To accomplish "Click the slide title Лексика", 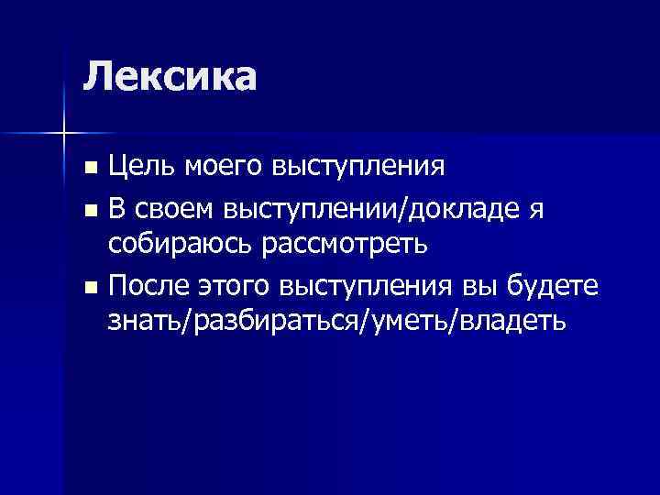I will (170, 76).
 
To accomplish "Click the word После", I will (147, 287).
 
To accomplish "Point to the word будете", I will (554, 286).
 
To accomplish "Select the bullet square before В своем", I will (89, 210).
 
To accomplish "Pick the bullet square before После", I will (89, 287).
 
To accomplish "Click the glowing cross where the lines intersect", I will (64, 134).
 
